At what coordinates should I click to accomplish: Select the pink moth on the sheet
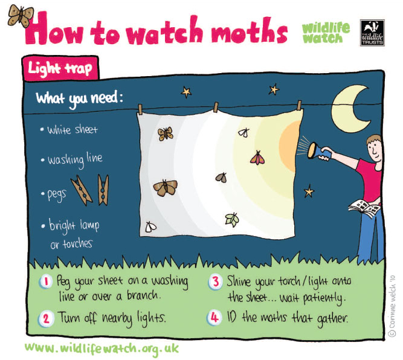coord(257,158)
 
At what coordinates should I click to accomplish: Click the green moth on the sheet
coord(232,220)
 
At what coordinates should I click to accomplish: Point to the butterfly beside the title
coord(21,16)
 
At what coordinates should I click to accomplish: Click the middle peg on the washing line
coord(216,107)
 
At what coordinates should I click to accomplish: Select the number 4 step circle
coord(214,318)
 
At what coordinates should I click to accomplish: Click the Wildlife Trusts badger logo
coord(372,33)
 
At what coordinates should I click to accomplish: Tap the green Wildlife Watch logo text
coord(326,33)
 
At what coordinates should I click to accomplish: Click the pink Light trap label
coord(60,68)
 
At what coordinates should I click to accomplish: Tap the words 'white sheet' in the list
coord(73,130)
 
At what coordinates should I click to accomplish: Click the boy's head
coord(374,148)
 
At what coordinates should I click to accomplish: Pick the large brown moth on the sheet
coord(166,187)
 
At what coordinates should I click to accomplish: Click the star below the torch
coord(309,191)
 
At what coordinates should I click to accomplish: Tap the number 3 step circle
coord(215,282)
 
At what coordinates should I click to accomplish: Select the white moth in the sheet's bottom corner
coord(150,227)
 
